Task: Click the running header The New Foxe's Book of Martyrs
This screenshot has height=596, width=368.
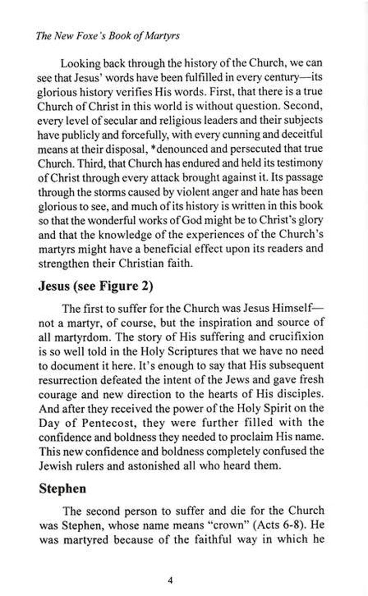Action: pos(107,36)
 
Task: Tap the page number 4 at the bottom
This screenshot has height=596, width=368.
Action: pos(171,580)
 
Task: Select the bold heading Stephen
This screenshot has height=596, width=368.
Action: pos(63,488)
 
